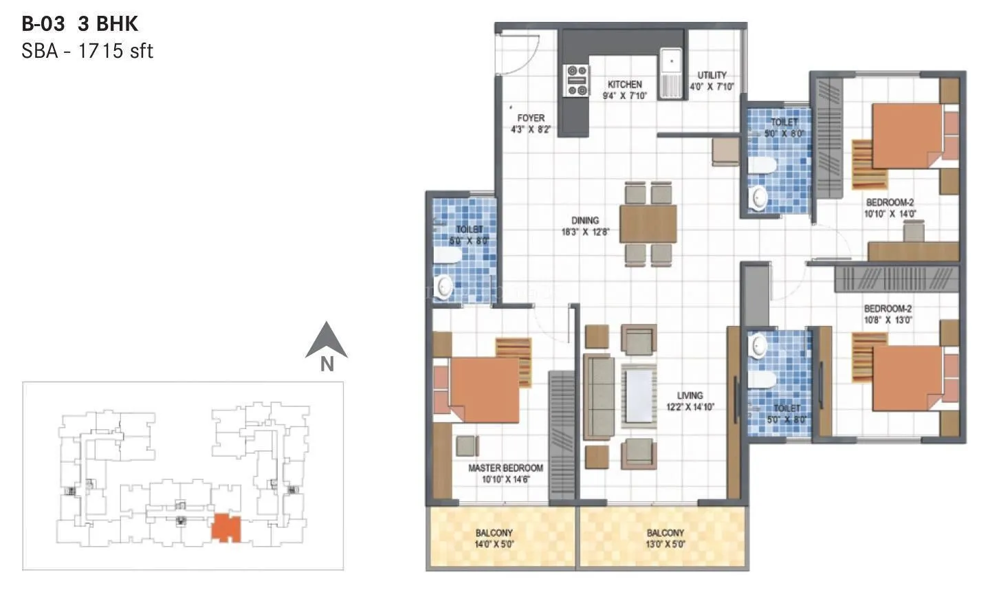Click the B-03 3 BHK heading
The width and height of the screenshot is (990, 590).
click(80, 24)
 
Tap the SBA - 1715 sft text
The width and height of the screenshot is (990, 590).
click(87, 51)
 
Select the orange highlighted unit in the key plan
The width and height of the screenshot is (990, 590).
click(226, 528)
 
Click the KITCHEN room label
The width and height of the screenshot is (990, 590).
click(624, 84)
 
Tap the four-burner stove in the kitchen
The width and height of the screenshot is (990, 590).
click(576, 80)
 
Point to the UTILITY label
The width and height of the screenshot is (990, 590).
click(712, 76)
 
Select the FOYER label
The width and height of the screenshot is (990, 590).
click(531, 118)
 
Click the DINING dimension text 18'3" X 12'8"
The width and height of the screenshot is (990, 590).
click(585, 232)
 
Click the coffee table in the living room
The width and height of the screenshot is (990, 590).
click(639, 395)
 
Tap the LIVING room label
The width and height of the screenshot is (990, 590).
click(690, 395)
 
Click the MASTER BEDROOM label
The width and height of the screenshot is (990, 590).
click(505, 468)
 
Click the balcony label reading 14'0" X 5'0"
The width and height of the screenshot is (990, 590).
click(494, 543)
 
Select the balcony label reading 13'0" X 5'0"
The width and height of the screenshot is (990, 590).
click(665, 543)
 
